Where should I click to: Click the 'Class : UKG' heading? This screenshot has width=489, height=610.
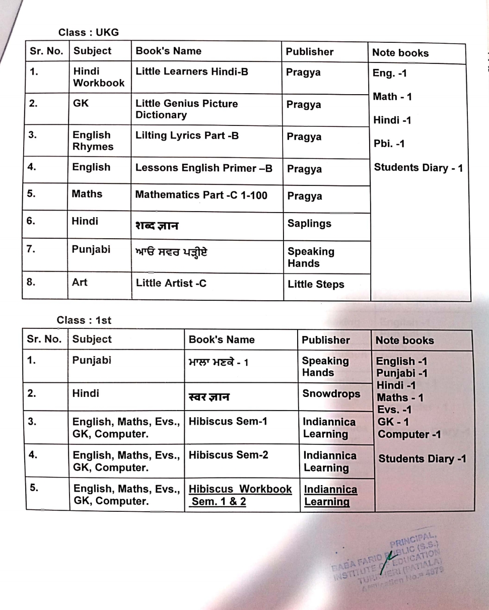89,32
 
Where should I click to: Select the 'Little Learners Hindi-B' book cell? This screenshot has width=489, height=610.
192,72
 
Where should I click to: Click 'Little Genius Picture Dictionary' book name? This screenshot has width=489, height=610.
186,109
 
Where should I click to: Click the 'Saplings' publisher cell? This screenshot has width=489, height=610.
309,224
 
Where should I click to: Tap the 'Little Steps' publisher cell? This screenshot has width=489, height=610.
316,285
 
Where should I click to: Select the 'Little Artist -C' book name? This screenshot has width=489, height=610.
171,283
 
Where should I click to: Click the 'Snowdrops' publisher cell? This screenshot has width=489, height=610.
332,393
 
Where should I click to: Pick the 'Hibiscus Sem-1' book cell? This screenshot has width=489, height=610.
228,421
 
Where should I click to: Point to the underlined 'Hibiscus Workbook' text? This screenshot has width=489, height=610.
240,489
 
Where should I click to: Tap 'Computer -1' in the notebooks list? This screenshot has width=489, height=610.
409,434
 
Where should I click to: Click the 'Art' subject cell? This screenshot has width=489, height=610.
80,283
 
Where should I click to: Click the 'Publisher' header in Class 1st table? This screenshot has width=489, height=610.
325,340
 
